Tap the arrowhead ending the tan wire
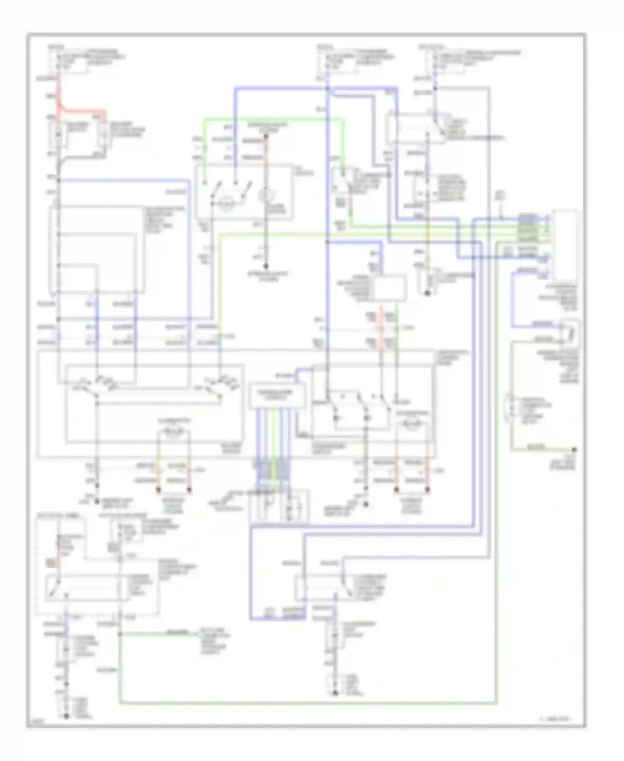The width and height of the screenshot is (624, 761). pyautogui.click(x=574, y=449)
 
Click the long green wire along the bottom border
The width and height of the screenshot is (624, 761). pyautogui.click(x=308, y=703)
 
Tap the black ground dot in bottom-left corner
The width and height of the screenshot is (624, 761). pyautogui.click(x=66, y=716)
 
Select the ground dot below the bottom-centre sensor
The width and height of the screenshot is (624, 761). pyautogui.click(x=335, y=693)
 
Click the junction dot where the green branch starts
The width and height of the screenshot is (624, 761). pyautogui.click(x=120, y=634)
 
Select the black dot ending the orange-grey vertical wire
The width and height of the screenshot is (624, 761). pyautogui.click(x=266, y=266)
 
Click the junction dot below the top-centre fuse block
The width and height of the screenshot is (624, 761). pyautogui.click(x=327, y=89)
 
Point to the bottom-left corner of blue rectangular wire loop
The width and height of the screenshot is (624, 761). pyautogui.click(x=251, y=619)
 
